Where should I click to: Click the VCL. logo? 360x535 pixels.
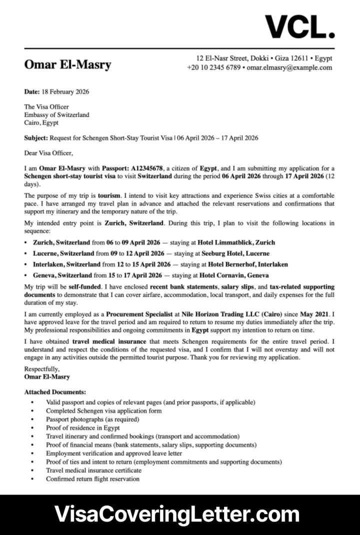pyautogui.click(x=299, y=26)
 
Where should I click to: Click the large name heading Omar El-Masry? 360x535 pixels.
pyautogui.click(x=67, y=64)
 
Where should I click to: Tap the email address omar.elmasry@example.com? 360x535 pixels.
pyautogui.click(x=289, y=67)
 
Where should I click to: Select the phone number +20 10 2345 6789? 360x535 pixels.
pyautogui.click(x=214, y=67)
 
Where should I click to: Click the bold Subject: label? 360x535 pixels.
pyautogui.click(x=36, y=137)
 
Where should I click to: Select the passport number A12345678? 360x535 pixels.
pyautogui.click(x=147, y=168)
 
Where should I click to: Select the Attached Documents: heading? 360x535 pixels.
pyautogui.click(x=55, y=392)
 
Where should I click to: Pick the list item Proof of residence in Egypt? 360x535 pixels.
pyautogui.click(x=83, y=428)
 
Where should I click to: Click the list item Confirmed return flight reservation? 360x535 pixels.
pyautogui.click(x=92, y=478)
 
